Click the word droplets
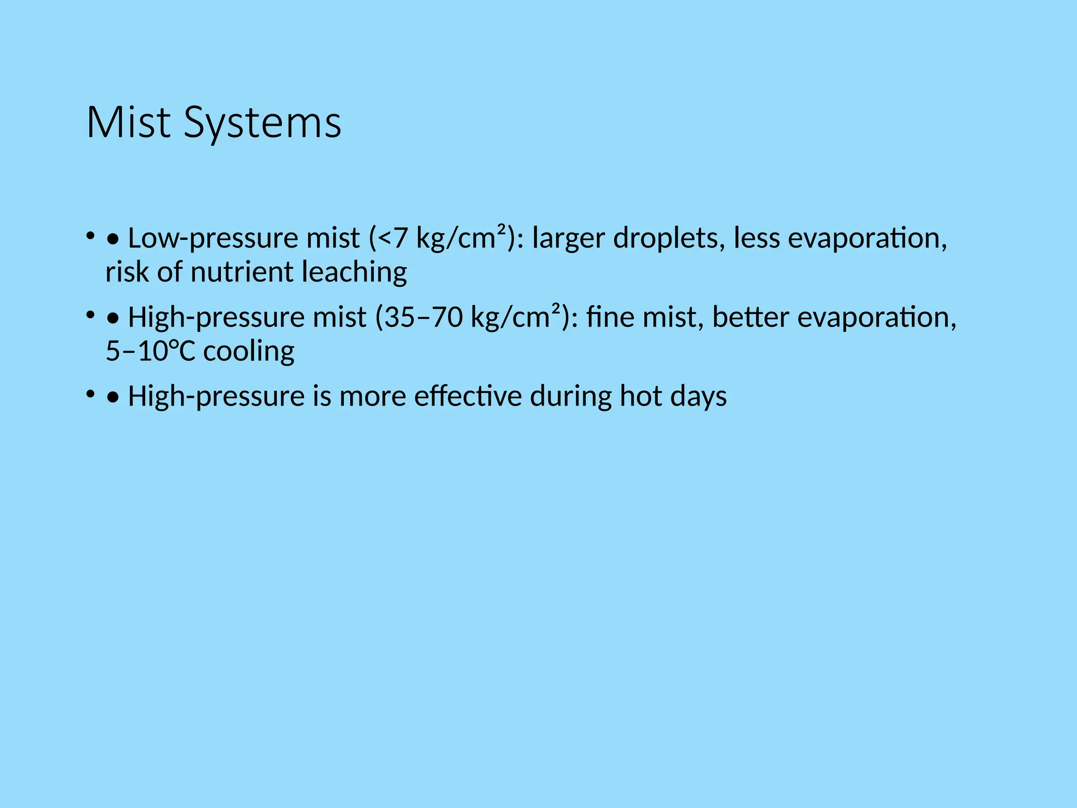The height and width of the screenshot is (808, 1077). pos(666,238)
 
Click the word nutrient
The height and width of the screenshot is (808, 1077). pos(241,272)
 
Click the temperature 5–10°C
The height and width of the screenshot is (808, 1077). pos(150,351)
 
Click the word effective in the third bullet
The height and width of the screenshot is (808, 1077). pos(468,396)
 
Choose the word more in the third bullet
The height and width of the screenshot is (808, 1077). pos(372,396)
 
